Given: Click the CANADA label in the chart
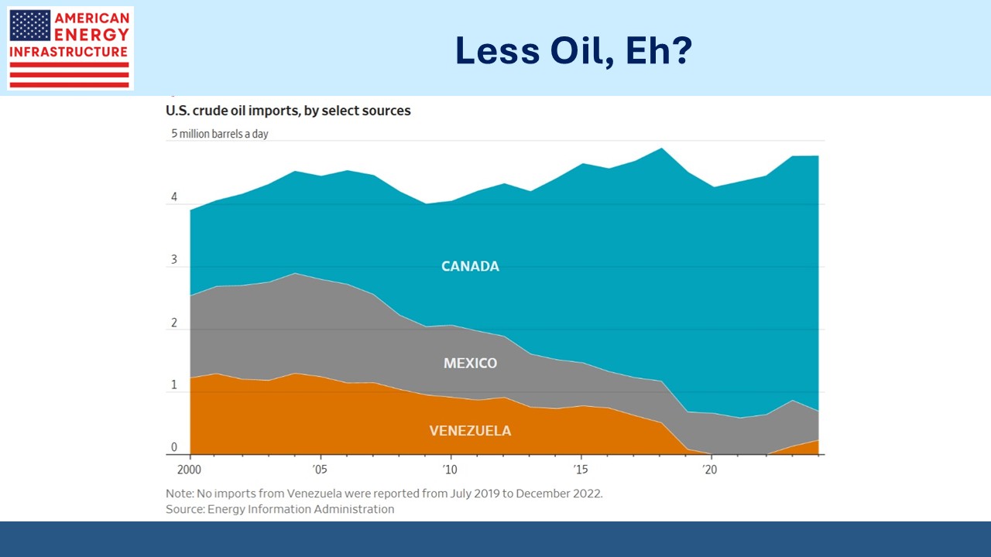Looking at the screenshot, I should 470,266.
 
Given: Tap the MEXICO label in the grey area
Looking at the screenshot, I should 470,363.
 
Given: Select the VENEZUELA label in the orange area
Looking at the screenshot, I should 470,431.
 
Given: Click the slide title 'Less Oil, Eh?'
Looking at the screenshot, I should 573,51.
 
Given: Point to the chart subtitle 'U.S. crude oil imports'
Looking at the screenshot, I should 288,111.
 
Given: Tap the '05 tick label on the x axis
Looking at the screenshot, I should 319,469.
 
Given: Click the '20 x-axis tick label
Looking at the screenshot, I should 708,469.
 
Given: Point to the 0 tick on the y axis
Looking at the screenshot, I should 174,447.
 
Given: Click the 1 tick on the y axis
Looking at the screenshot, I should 174,384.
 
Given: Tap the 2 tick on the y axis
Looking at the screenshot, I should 174,323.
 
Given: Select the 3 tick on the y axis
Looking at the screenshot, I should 174,260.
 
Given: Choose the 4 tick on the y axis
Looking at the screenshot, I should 174,197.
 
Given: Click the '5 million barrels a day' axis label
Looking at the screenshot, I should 220,134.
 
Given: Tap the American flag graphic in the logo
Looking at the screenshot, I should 30,26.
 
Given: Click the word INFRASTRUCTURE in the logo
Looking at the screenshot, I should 69,52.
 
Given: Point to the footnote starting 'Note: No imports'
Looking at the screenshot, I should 384,493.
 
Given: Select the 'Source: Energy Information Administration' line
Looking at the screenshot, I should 279,509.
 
